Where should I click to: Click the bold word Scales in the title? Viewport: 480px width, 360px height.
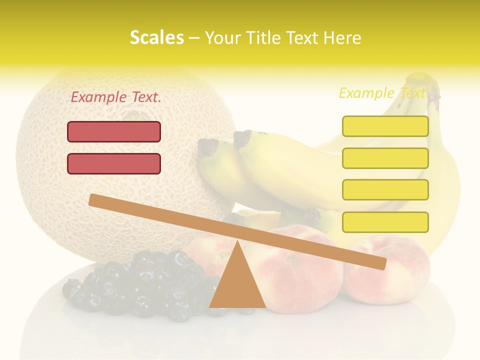(x=156, y=37)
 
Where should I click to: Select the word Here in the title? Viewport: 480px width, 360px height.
(x=341, y=37)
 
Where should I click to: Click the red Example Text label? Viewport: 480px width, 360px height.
(x=116, y=97)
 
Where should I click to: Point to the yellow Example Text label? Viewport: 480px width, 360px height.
(x=383, y=93)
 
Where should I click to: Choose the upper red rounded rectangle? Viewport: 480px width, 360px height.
(x=114, y=131)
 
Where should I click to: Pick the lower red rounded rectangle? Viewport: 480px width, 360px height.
(x=114, y=163)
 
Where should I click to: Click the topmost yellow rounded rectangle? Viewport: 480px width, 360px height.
(x=385, y=126)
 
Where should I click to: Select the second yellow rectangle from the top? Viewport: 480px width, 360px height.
(x=385, y=158)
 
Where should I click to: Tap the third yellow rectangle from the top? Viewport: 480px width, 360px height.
(x=385, y=190)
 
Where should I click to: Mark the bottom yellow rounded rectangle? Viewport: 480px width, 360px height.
(x=385, y=222)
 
